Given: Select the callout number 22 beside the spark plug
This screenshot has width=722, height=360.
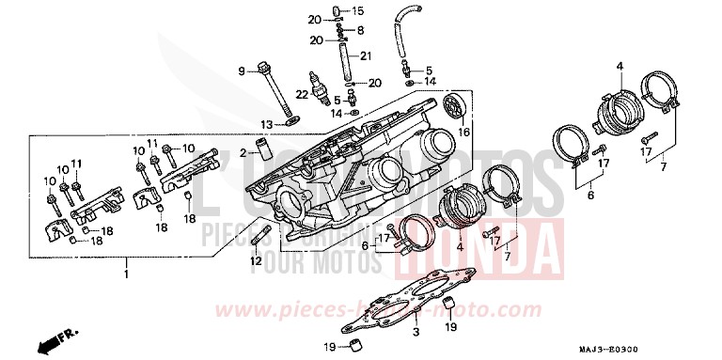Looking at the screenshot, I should point(301,95).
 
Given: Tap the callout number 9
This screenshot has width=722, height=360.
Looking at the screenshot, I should point(243,70).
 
